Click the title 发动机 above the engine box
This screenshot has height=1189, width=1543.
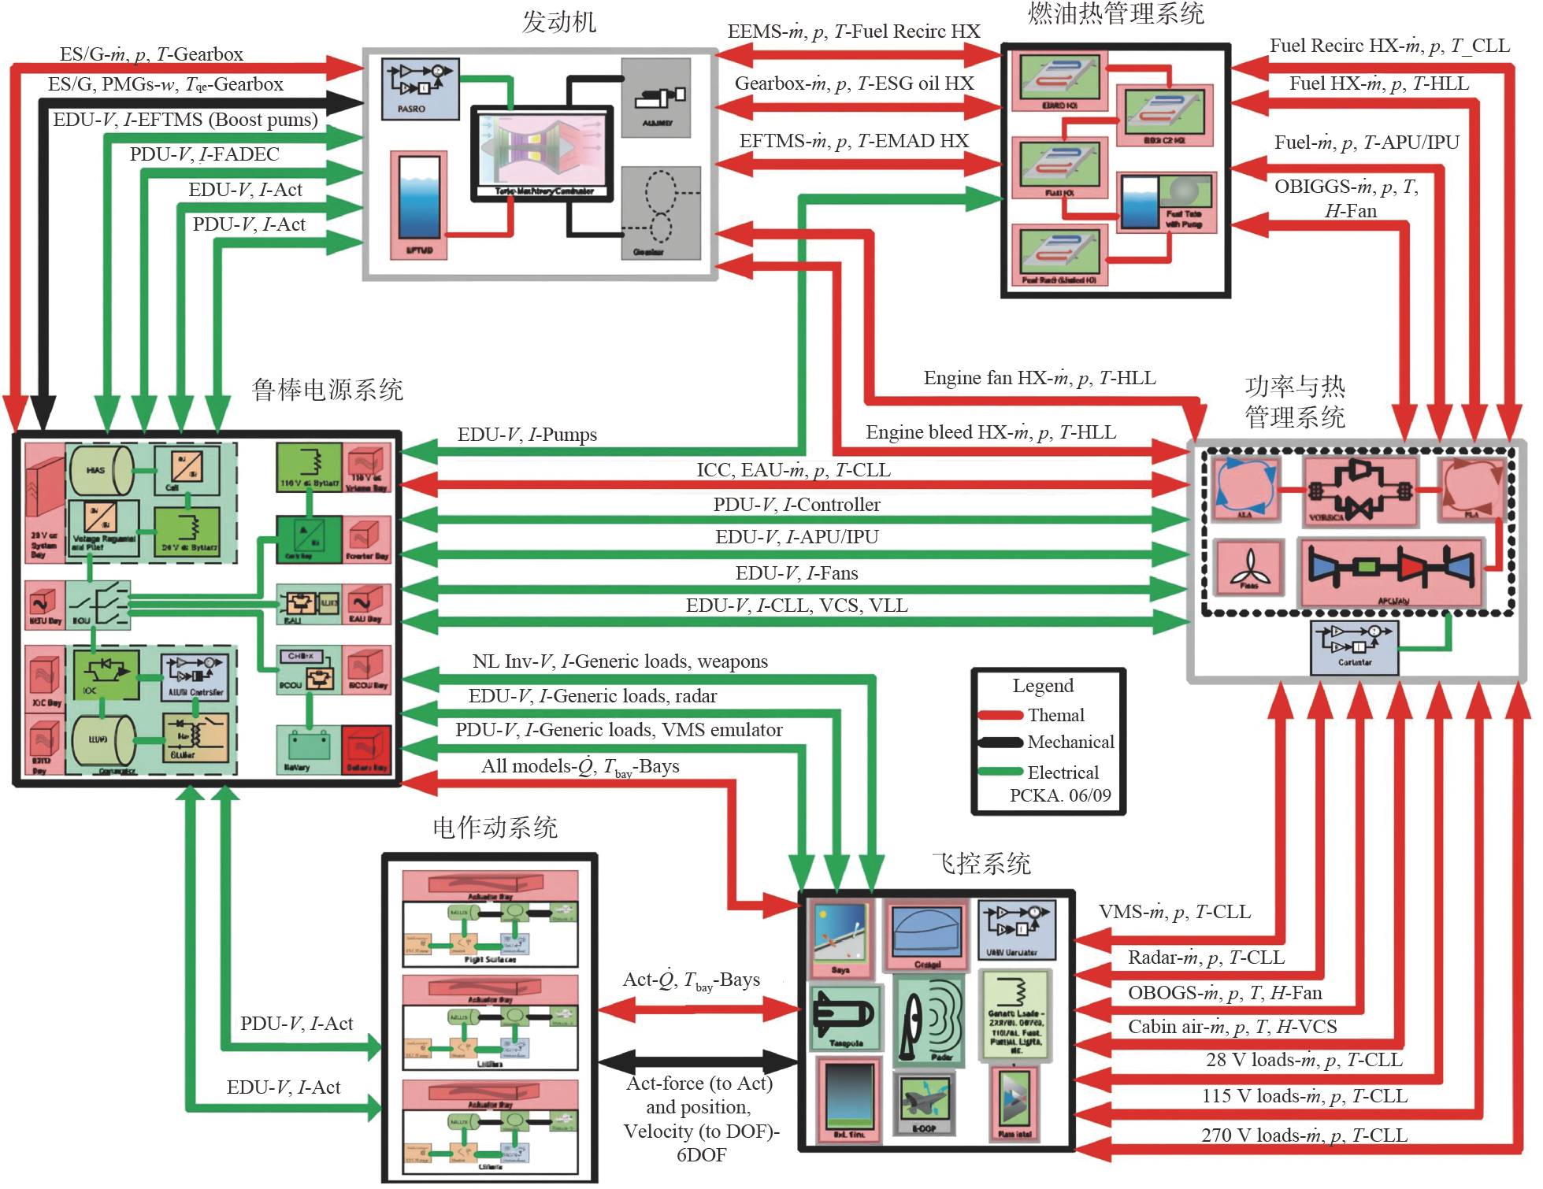[x=558, y=22]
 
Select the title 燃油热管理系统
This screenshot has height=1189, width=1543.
[x=1115, y=13]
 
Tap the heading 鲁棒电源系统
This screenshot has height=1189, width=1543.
[x=327, y=390]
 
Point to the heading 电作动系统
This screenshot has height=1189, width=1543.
[x=495, y=828]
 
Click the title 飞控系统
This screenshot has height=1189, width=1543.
[x=981, y=864]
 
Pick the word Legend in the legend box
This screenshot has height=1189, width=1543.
[x=1043, y=686]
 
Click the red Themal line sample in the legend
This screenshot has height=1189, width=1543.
[x=1000, y=715]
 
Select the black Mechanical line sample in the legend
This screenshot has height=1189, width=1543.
[x=1000, y=743]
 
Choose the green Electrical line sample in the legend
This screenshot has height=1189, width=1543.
[x=1000, y=772]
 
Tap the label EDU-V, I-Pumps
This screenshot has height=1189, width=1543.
[x=527, y=435]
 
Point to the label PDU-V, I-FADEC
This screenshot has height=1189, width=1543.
[x=204, y=154]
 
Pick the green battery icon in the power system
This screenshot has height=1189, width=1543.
[x=308, y=747]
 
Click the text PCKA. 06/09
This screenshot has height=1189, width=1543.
[x=1060, y=795]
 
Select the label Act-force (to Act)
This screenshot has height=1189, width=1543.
[x=699, y=1084]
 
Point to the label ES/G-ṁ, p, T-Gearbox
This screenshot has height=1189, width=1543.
[x=151, y=54]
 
